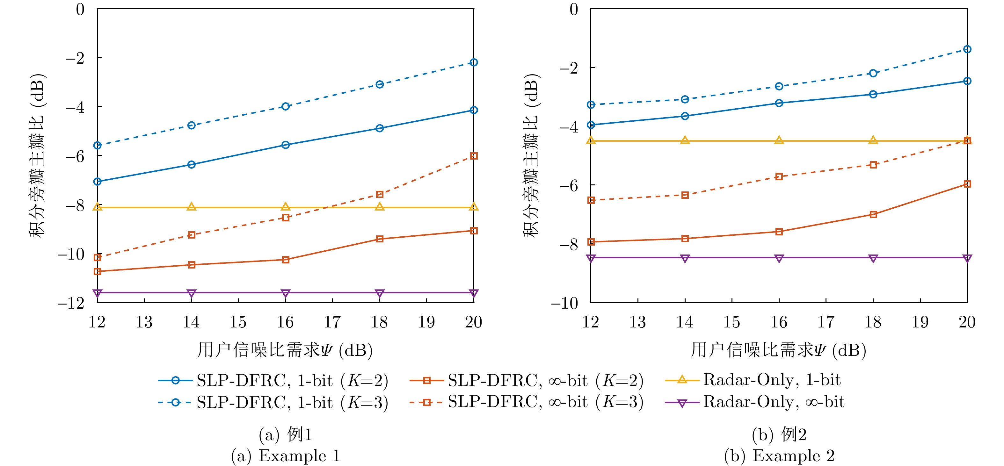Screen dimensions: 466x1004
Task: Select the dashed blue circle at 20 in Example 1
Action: pyautogui.click(x=474, y=62)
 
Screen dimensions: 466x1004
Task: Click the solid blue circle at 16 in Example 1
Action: pyautogui.click(x=286, y=145)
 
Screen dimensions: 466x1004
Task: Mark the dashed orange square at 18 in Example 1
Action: pyautogui.click(x=380, y=194)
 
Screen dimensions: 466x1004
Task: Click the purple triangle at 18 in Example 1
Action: pyautogui.click(x=380, y=293)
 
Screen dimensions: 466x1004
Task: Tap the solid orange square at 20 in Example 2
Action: pyautogui.click(x=967, y=184)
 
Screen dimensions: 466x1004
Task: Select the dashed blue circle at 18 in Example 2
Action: pyautogui.click(x=873, y=73)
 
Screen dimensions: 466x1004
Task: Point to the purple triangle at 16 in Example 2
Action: pyautogui.click(x=779, y=258)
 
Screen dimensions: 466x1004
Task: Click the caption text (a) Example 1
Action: pyautogui.click(x=286, y=455)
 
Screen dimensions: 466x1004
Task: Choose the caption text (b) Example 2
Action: pyautogui.click(x=779, y=455)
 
